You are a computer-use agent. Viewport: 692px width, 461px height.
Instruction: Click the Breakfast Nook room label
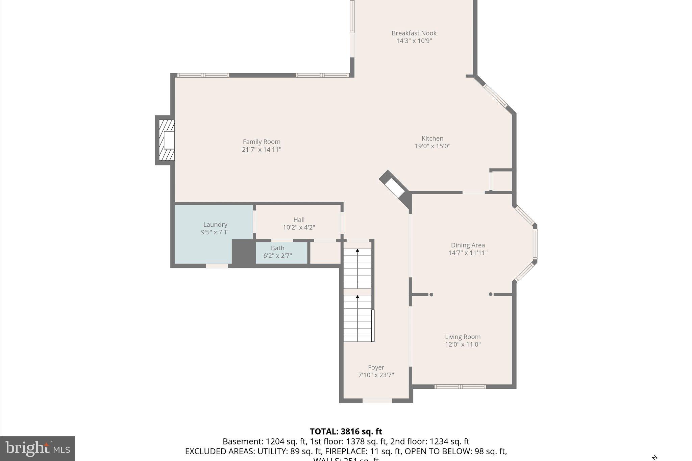click(414, 33)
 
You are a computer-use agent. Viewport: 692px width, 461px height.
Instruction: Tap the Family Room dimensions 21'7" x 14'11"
click(262, 150)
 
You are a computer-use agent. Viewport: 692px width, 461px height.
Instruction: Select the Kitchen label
click(432, 138)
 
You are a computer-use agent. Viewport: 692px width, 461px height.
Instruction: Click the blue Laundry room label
click(215, 225)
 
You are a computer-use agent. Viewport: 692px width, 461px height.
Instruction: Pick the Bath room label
click(277, 248)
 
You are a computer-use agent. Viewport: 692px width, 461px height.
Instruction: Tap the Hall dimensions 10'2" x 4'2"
click(299, 228)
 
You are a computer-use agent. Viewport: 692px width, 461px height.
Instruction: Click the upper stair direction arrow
click(357, 251)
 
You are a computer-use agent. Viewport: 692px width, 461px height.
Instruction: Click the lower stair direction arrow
click(357, 297)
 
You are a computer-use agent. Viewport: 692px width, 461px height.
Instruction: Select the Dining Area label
click(468, 245)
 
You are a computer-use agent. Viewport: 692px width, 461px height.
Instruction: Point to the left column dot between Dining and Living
click(431, 294)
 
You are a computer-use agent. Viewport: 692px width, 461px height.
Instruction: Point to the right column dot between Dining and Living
click(491, 294)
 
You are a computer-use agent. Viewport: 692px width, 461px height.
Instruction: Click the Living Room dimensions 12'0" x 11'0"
click(463, 344)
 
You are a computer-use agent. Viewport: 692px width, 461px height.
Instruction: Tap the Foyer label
click(376, 367)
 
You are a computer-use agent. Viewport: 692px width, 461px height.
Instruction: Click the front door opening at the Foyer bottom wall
click(377, 401)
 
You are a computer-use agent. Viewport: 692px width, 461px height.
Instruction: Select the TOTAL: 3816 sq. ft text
click(346, 432)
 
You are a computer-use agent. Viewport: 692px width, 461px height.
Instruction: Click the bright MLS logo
click(38, 449)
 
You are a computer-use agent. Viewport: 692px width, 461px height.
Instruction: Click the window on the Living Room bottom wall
click(460, 387)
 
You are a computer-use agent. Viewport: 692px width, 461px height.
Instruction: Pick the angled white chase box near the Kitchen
click(394, 188)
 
